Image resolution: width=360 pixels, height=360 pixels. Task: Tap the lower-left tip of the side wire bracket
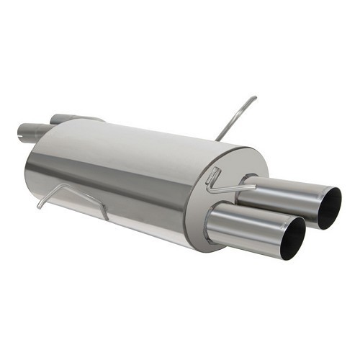click(39, 207)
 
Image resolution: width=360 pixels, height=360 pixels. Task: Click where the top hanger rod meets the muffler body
click(217, 139)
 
